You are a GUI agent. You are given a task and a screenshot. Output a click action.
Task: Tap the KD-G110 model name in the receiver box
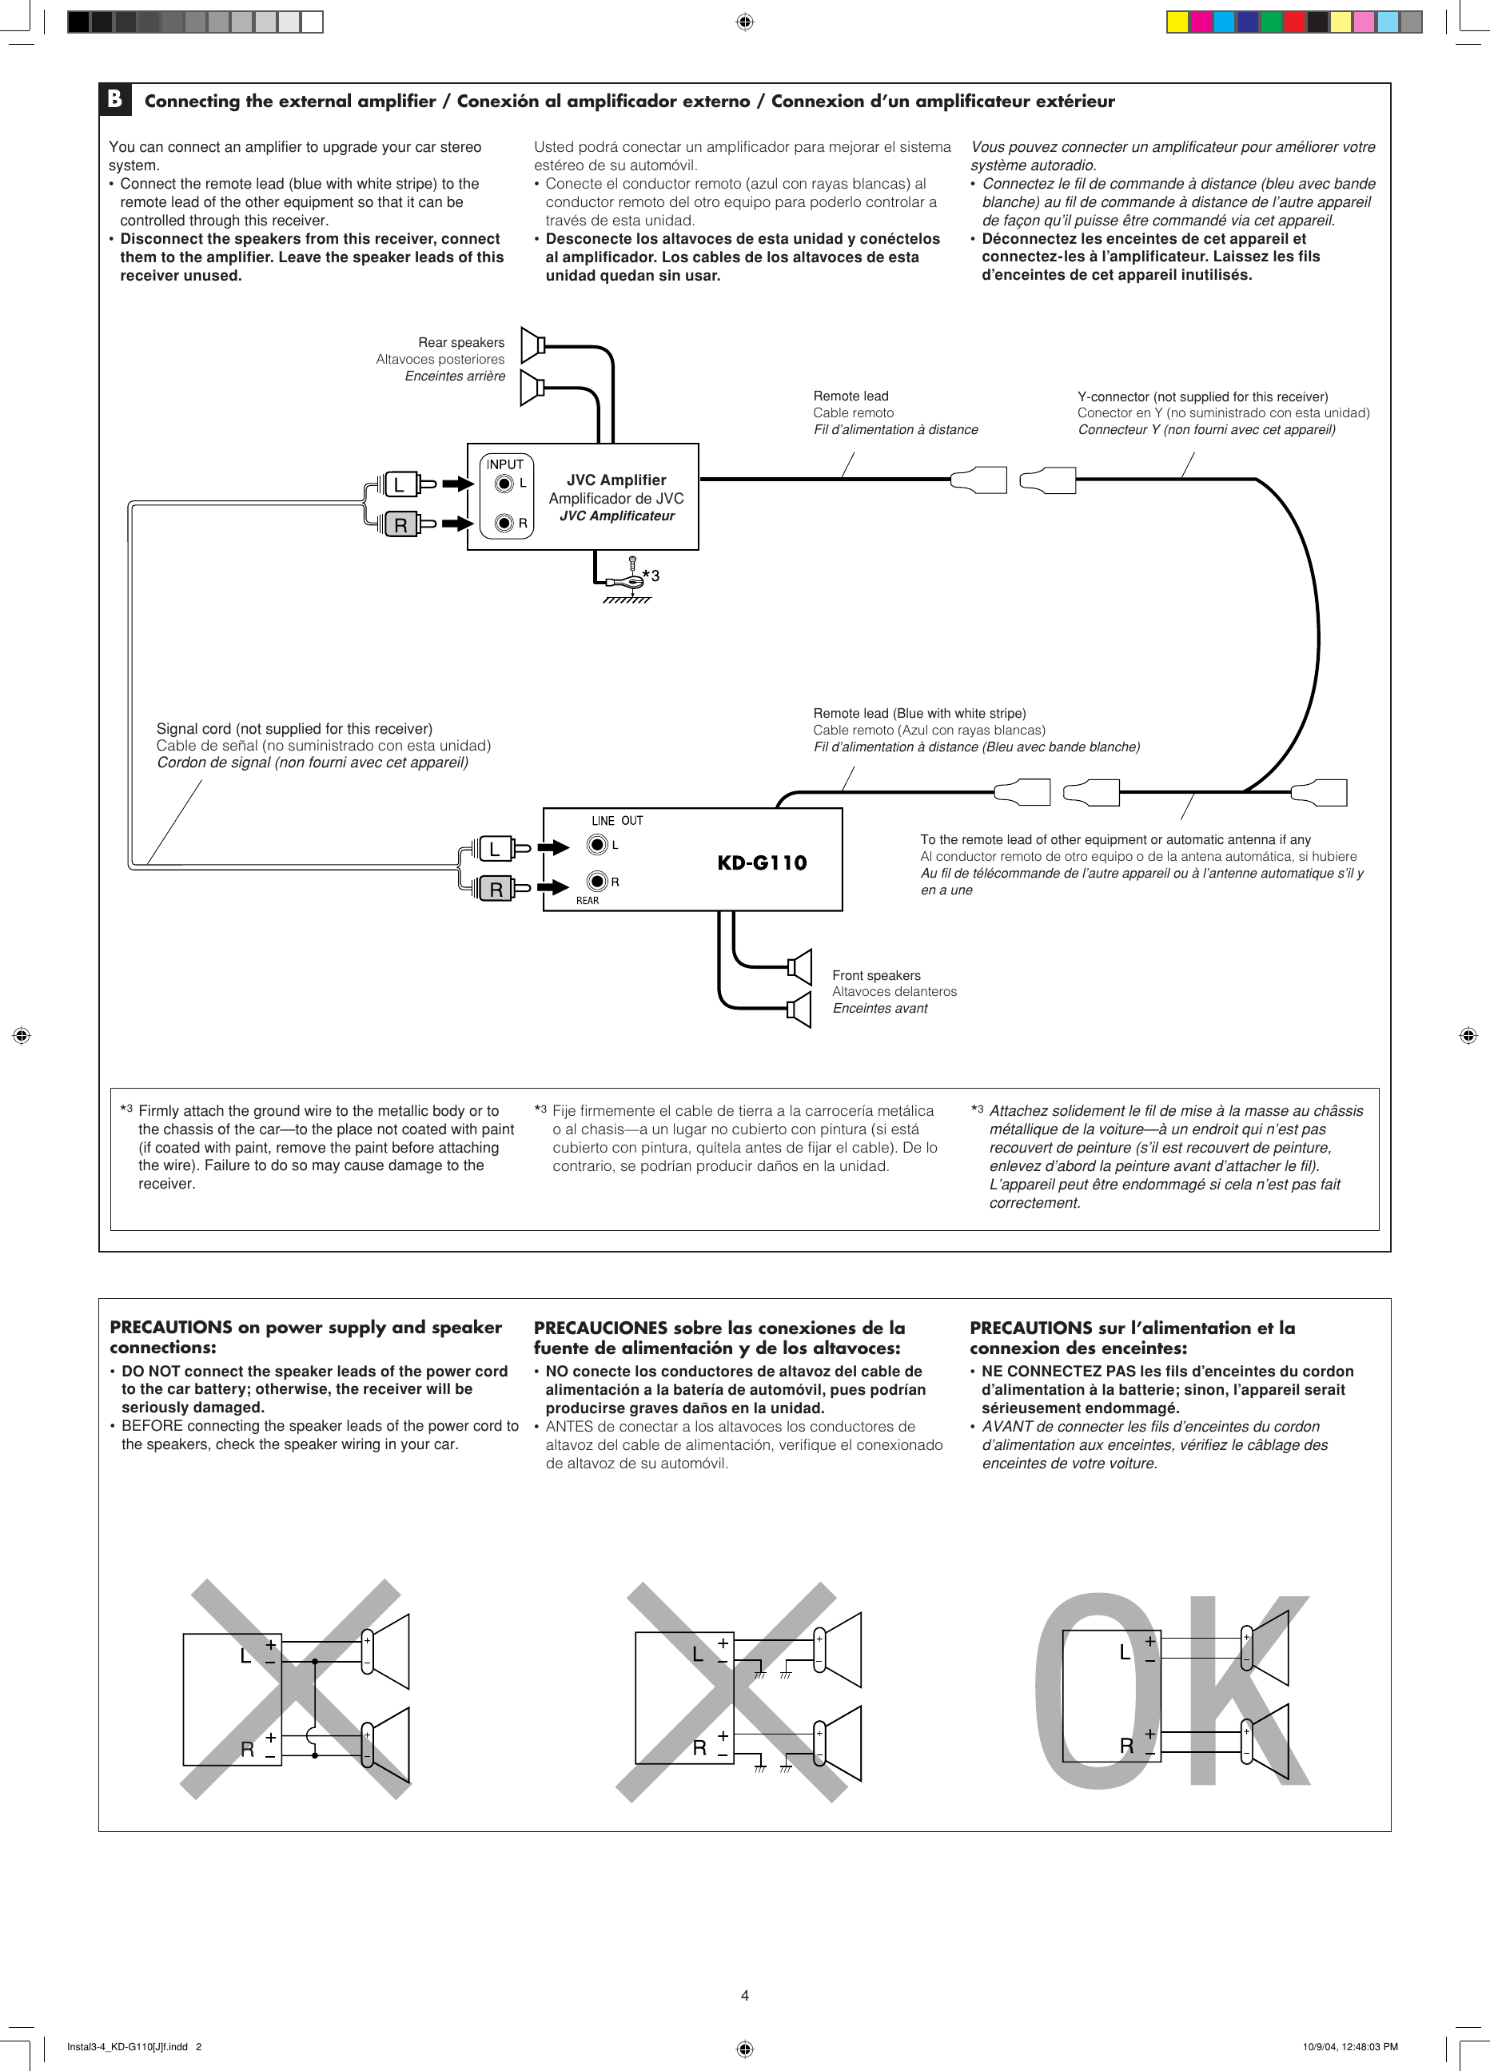click(x=762, y=863)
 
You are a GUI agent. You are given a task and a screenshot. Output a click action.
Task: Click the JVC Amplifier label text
click(x=616, y=480)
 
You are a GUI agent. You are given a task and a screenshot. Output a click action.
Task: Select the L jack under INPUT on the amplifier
click(x=503, y=483)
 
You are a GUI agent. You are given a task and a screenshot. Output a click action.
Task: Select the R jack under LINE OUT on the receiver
click(x=597, y=881)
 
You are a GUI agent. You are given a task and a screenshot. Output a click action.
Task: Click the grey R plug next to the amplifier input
click(x=400, y=525)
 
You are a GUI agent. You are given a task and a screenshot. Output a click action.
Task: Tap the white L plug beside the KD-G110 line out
click(x=495, y=849)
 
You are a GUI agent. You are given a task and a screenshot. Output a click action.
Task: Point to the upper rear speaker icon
click(x=532, y=345)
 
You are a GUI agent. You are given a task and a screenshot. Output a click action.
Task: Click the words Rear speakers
click(x=461, y=342)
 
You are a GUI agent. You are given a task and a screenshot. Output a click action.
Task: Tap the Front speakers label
click(x=876, y=975)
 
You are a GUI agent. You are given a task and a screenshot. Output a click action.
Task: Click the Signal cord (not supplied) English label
click(x=294, y=729)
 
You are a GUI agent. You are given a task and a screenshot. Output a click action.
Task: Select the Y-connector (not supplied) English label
click(x=1202, y=396)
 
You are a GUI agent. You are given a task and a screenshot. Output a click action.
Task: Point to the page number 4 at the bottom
click(x=745, y=1995)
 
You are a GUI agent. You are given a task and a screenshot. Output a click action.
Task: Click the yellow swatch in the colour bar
click(x=1177, y=22)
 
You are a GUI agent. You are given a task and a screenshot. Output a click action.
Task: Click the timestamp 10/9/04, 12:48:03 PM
click(x=1350, y=2046)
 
